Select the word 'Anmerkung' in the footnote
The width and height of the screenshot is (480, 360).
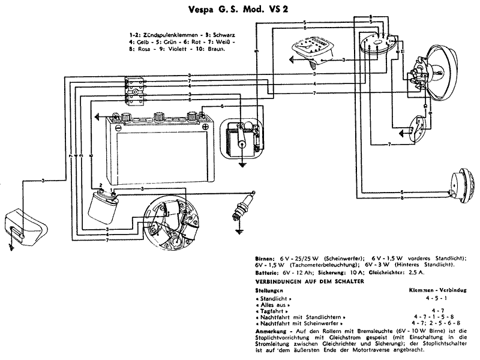pyautogui.click(x=271, y=331)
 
